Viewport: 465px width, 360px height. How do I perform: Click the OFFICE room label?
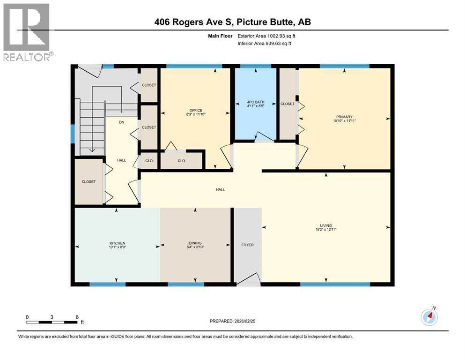[x=196, y=110]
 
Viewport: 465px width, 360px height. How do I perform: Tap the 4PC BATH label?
[x=256, y=101]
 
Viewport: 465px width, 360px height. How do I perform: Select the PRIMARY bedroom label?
[x=344, y=117]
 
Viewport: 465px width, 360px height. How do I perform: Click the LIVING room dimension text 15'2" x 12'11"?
[x=326, y=230]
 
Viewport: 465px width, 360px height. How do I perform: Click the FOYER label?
[x=247, y=245]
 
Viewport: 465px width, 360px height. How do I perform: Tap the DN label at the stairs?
[x=121, y=123]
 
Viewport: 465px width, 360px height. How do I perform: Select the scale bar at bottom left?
[x=52, y=322]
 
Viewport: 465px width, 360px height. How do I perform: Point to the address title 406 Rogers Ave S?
[x=233, y=22]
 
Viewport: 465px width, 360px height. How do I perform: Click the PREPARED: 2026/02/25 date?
[x=233, y=321]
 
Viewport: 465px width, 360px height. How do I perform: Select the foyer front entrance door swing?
[x=250, y=278]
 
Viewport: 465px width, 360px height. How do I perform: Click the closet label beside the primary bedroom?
[x=288, y=104]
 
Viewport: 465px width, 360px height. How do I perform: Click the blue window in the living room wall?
[x=334, y=284]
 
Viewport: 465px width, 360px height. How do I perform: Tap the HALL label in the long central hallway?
[x=220, y=190]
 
